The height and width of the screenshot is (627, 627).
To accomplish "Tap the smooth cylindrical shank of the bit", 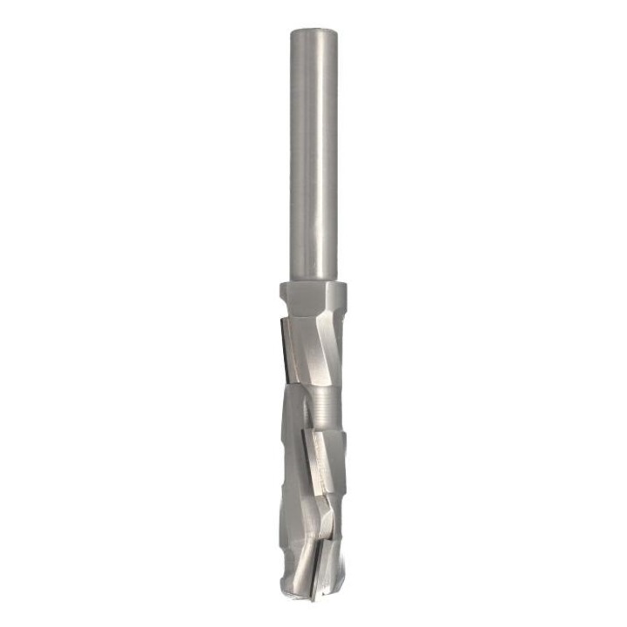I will tap(313, 157).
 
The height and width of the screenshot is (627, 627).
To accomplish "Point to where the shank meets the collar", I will tap(313, 282).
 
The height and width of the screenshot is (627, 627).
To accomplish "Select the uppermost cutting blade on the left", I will tap(287, 348).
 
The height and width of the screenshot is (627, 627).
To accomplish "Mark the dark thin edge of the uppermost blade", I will tap(280, 348).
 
